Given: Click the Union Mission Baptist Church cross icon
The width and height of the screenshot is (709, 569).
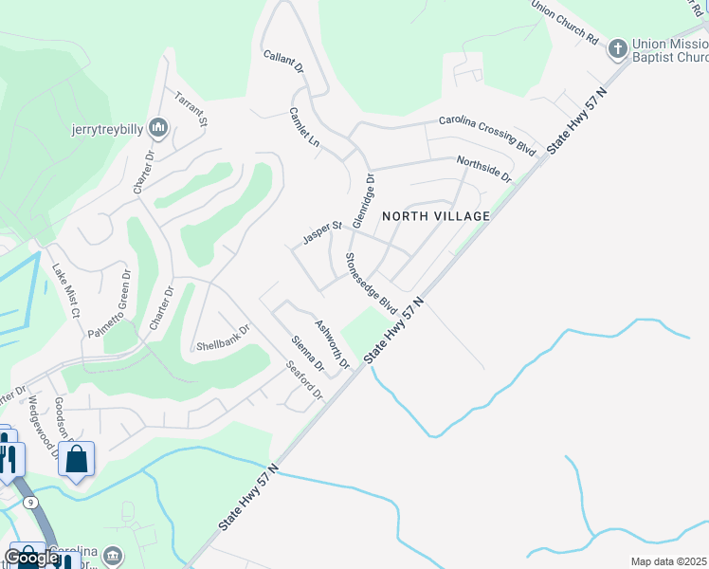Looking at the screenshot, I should [618, 47].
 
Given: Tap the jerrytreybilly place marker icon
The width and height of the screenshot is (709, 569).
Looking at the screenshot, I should [158, 127].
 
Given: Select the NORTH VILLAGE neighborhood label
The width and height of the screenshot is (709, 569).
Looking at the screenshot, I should [436, 216].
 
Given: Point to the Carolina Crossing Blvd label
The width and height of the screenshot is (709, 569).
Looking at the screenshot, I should [487, 135].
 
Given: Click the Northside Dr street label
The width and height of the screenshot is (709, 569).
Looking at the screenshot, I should [483, 169].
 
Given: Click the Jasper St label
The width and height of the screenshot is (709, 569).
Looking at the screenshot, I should [322, 233].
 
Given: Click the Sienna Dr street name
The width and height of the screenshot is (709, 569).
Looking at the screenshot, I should [308, 354].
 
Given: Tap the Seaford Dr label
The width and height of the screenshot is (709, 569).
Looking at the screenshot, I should [305, 382].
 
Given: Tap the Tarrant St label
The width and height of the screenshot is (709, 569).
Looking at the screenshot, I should [190, 108].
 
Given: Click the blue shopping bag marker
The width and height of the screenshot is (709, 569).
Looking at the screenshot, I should [77, 459].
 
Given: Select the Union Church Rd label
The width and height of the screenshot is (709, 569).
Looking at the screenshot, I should [566, 23].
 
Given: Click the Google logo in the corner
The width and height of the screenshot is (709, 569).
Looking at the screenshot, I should [31, 558].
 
